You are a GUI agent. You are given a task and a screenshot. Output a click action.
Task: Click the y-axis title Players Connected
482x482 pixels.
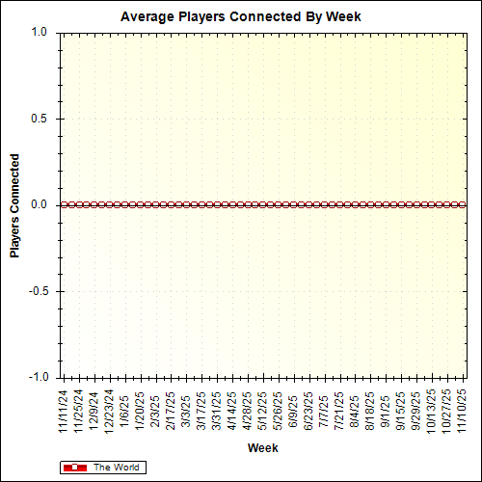click(x=14, y=204)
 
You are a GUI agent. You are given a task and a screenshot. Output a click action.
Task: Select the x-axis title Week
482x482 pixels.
click(x=262, y=448)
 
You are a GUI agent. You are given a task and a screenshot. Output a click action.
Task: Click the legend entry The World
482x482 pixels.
click(x=116, y=468)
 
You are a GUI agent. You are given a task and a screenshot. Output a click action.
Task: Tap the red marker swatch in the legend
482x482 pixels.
click(x=74, y=468)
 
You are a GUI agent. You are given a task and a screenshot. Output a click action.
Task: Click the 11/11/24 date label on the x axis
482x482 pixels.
click(x=64, y=411)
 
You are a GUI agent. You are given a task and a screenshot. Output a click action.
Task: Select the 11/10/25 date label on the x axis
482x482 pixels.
click(x=463, y=411)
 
